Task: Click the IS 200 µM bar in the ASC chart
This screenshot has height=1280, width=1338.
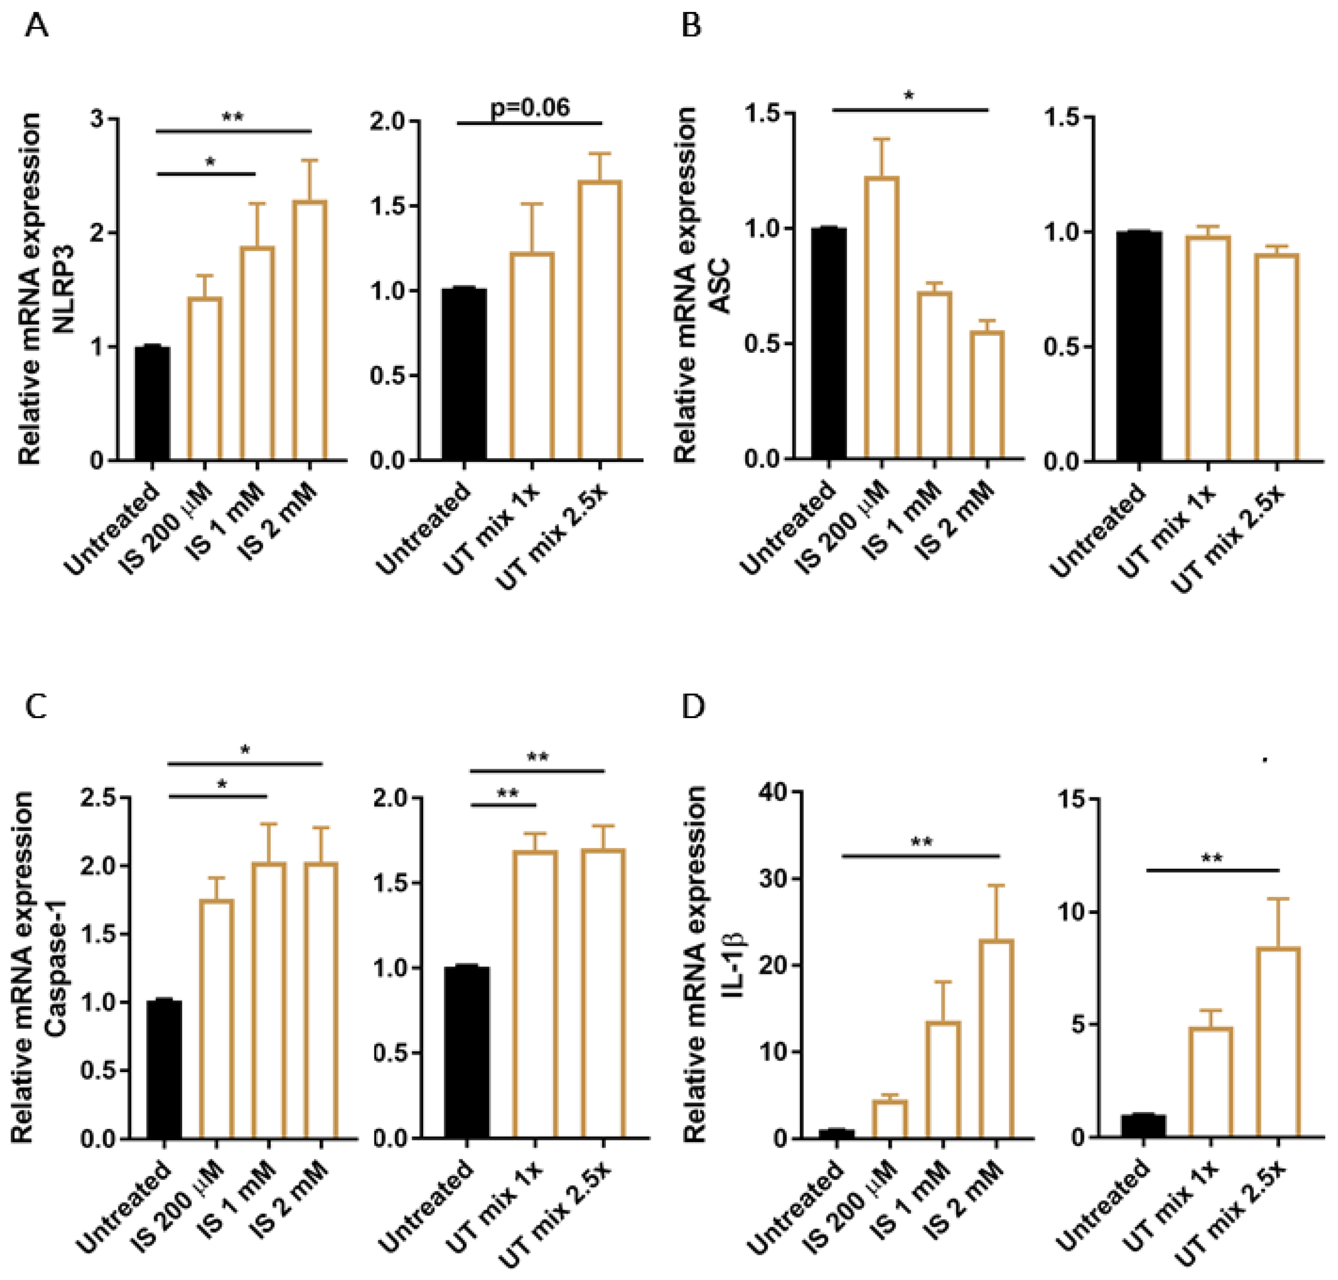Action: click(881, 317)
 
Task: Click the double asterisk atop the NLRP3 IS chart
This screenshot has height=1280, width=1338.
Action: click(233, 117)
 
